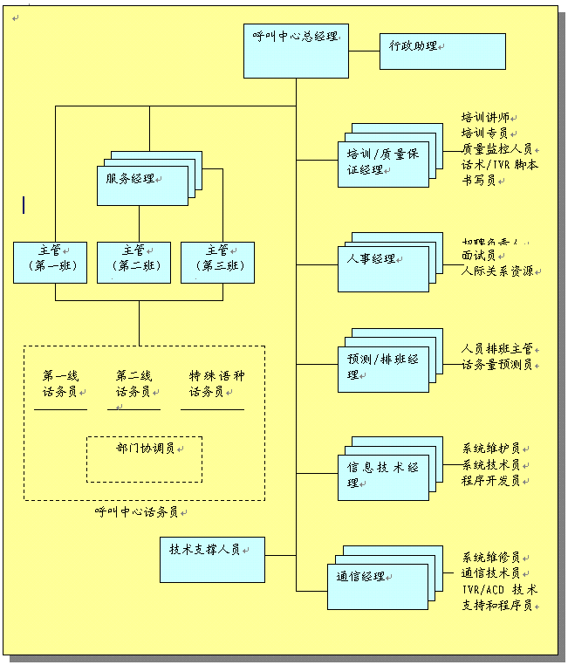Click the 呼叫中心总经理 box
point(296,51)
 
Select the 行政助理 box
point(442,51)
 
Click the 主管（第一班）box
point(51,263)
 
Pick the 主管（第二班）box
point(133,263)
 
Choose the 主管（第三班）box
point(217,263)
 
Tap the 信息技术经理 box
point(383,476)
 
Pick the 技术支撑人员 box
point(211,559)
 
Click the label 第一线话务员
point(60,384)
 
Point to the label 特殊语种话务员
point(217,384)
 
